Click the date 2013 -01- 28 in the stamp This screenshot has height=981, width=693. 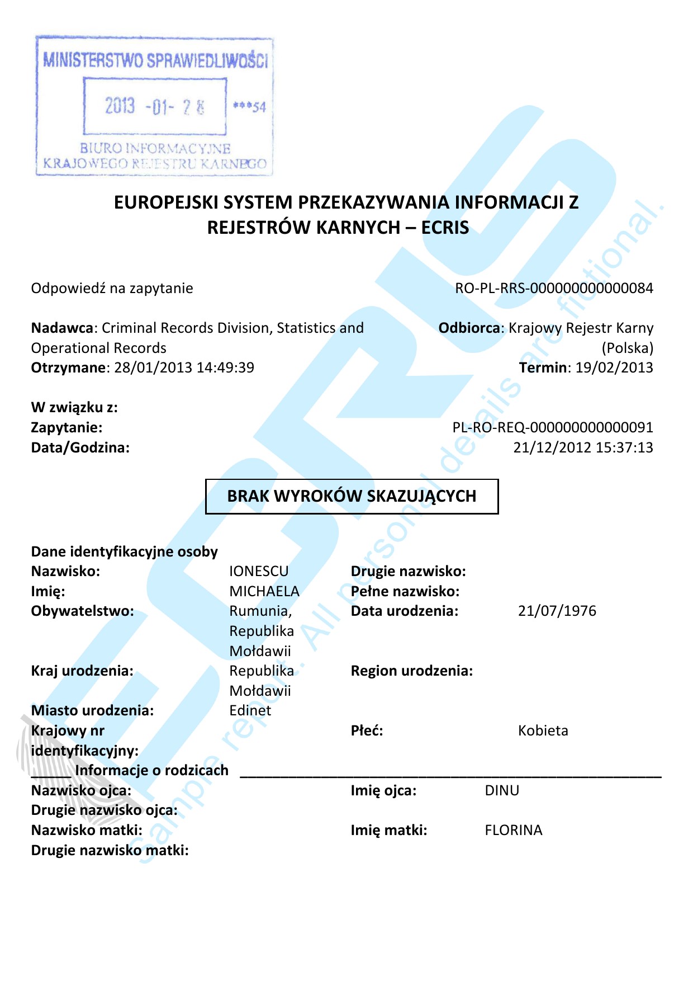click(x=155, y=106)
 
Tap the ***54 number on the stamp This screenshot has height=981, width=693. click(x=250, y=107)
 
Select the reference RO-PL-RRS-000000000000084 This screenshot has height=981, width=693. click(x=554, y=288)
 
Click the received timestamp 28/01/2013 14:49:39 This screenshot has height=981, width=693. click(x=184, y=367)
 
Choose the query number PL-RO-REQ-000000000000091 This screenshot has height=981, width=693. click(x=552, y=427)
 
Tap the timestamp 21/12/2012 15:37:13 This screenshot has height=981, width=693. click(x=583, y=447)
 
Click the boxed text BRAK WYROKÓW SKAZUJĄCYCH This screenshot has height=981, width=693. click(x=352, y=496)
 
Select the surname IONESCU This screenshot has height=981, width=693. click(x=259, y=571)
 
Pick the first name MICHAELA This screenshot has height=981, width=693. click(x=264, y=591)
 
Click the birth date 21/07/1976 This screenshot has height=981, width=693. click(x=557, y=611)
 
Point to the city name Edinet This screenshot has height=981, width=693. click(x=250, y=710)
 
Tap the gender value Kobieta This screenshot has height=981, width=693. click(x=543, y=730)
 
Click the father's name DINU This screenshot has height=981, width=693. click(x=502, y=790)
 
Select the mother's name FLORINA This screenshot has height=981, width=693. click(x=513, y=830)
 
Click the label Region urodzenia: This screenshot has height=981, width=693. click(x=411, y=671)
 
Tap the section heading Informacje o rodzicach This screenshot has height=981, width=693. click(x=151, y=770)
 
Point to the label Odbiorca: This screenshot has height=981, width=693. click(x=471, y=328)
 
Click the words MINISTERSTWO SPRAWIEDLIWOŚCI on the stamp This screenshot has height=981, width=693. click(x=155, y=60)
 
